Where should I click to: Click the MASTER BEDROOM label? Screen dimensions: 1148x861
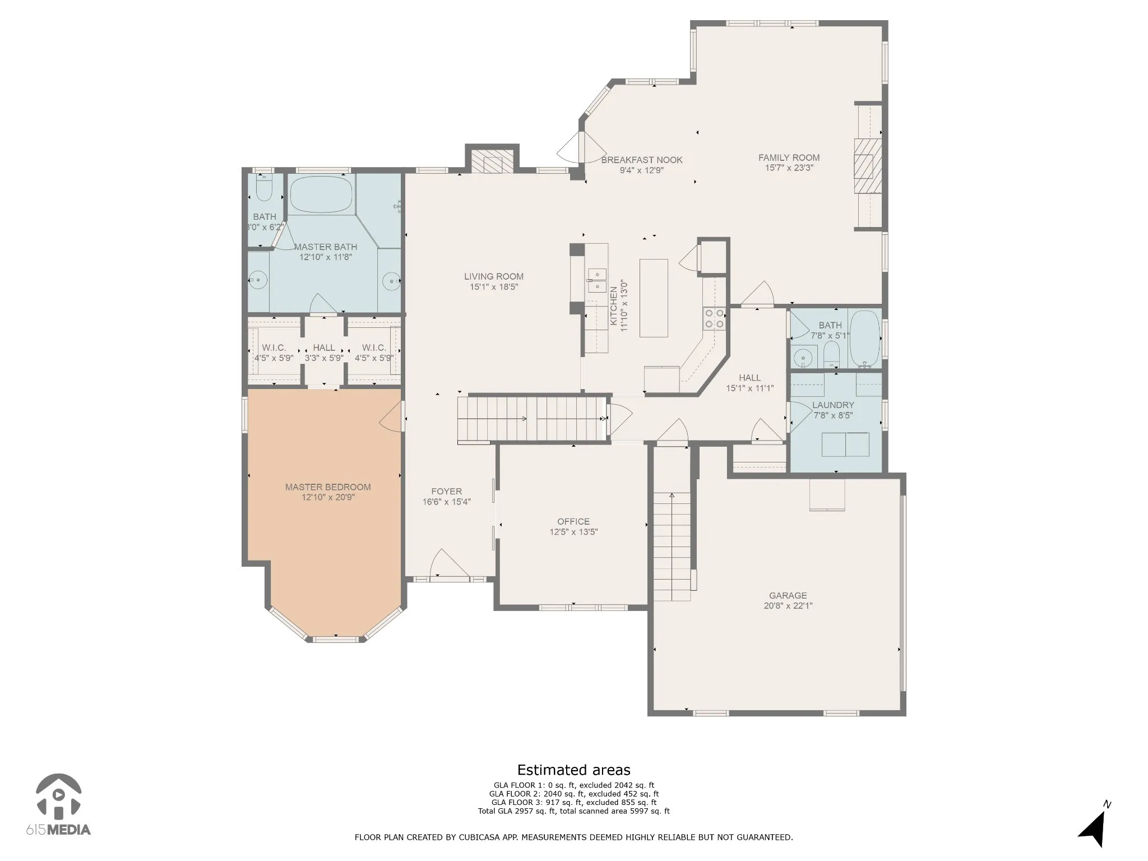328,487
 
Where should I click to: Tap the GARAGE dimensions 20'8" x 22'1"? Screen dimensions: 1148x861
788,605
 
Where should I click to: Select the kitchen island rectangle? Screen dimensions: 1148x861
654,298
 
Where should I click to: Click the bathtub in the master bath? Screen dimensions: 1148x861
322,194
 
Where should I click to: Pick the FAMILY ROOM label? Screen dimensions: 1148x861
789,158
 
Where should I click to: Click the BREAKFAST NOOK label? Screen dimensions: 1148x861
642,160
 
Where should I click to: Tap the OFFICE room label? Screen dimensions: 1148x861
573,521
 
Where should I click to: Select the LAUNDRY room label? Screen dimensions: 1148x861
833,405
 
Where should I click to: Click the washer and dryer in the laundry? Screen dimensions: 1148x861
845,445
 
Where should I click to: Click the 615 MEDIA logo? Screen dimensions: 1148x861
59,806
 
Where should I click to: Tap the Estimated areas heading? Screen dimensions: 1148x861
573,770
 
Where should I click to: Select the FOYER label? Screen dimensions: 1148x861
446,492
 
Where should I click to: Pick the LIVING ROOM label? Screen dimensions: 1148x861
494,276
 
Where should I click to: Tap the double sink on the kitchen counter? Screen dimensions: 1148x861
596,281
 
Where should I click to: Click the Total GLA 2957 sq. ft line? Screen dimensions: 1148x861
573,811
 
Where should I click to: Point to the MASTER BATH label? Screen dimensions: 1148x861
325,247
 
